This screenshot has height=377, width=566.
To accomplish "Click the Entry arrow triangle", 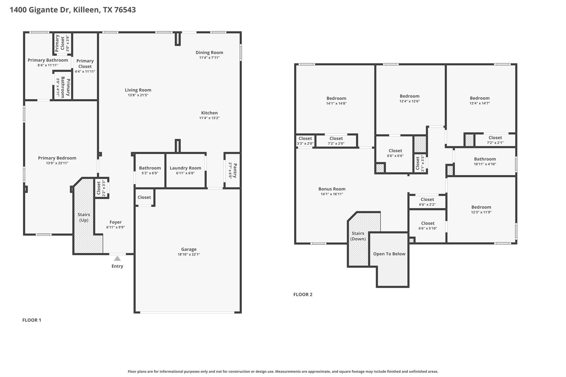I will coord(117,259).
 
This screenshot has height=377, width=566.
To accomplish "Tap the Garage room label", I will coord(189,249).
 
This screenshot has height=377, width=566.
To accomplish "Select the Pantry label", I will coord(235,171).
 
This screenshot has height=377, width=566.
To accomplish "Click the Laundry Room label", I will coord(185,168).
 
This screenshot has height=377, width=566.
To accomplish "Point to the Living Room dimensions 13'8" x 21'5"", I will coord(138,95).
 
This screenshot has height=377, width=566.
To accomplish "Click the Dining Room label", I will coord(209,52).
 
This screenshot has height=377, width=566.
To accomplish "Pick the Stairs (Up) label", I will coord(84,217).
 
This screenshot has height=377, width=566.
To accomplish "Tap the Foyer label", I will coord(116,222).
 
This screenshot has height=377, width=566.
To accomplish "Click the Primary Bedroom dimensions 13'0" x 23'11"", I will coord(57,163).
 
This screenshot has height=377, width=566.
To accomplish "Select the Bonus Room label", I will coord(332,189).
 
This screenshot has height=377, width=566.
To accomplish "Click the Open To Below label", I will coord(389,254).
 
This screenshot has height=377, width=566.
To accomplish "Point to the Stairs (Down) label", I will coord(358,236).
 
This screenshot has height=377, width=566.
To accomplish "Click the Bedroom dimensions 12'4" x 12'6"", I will coord(410,101).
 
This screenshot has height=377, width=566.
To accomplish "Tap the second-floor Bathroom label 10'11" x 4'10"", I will coord(485,159).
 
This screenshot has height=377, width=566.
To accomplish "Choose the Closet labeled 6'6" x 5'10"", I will coord(428,223).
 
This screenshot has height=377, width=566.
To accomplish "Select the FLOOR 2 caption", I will coord(303,294).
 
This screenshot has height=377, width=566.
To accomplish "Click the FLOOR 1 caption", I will coord(32,320).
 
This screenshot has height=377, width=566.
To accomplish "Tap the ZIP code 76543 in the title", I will coord(125,10).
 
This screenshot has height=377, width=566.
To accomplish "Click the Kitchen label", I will coord(209,113).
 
